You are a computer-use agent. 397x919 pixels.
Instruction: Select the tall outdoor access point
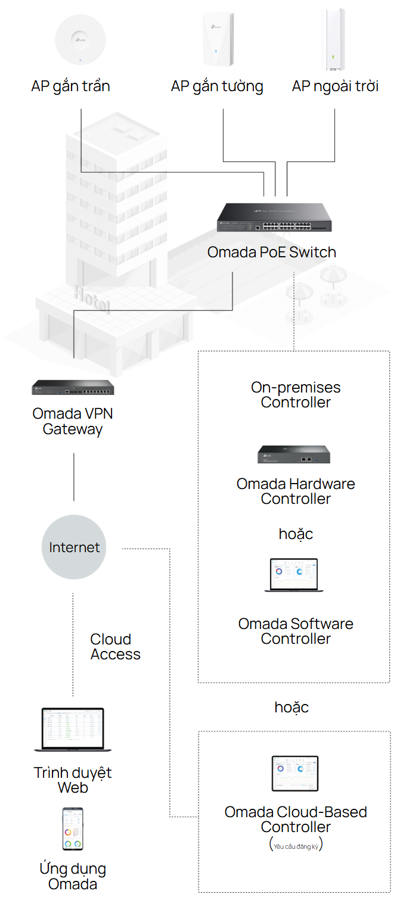click(334, 37)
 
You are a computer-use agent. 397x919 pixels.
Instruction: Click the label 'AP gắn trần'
click(70, 86)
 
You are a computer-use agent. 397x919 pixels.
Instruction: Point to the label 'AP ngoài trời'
click(335, 86)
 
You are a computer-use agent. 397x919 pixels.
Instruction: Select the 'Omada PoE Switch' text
click(271, 252)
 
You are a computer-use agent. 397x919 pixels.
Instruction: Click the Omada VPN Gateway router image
click(73, 388)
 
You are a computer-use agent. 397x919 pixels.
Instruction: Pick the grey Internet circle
click(74, 547)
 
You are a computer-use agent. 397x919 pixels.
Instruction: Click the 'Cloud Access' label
click(115, 647)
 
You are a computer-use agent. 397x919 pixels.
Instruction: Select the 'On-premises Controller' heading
click(296, 395)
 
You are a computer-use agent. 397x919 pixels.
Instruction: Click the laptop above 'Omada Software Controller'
click(294, 575)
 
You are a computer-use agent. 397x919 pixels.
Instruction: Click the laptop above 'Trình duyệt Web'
click(73, 729)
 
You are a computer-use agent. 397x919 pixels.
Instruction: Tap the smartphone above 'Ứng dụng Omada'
click(73, 828)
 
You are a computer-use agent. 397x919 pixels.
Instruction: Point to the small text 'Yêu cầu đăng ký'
click(296, 846)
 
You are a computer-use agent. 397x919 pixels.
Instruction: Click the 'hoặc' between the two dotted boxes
click(291, 707)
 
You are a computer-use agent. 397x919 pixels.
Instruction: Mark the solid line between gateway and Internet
click(73, 476)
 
